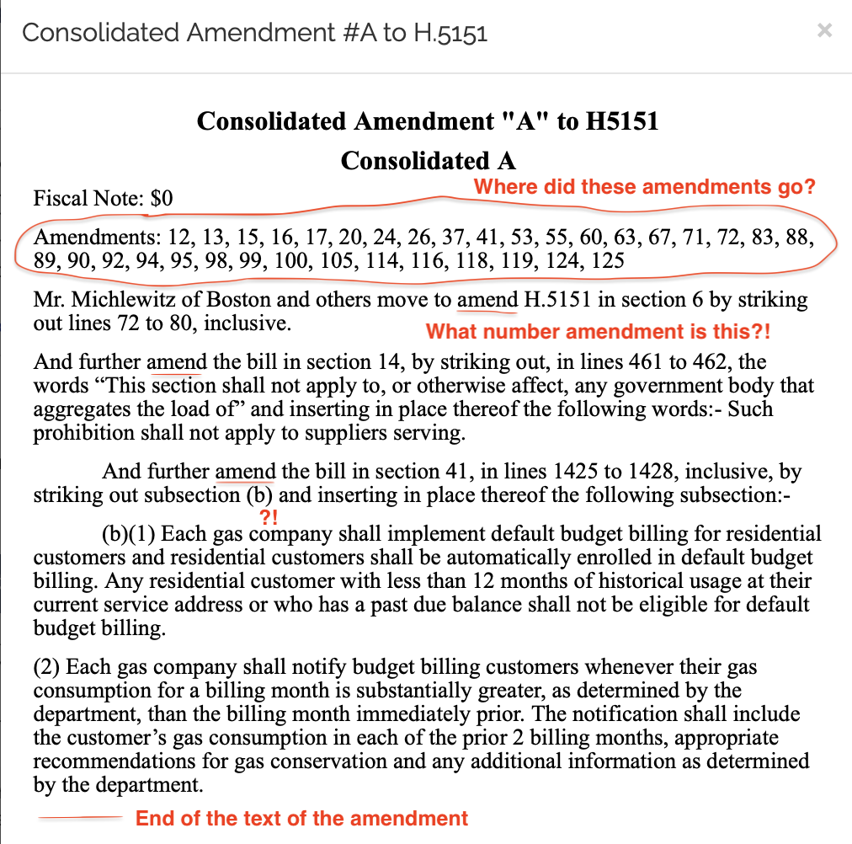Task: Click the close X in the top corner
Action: (825, 31)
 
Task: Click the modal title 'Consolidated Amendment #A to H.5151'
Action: (254, 33)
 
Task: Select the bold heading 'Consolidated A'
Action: (428, 161)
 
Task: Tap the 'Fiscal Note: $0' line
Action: (103, 199)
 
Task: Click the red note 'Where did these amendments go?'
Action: (645, 187)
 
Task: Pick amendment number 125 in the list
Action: (607, 260)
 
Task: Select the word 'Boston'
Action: (238, 300)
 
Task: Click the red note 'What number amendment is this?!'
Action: (598, 332)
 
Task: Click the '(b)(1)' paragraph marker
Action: (128, 534)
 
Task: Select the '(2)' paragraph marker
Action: (46, 668)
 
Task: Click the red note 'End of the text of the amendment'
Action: (301, 818)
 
